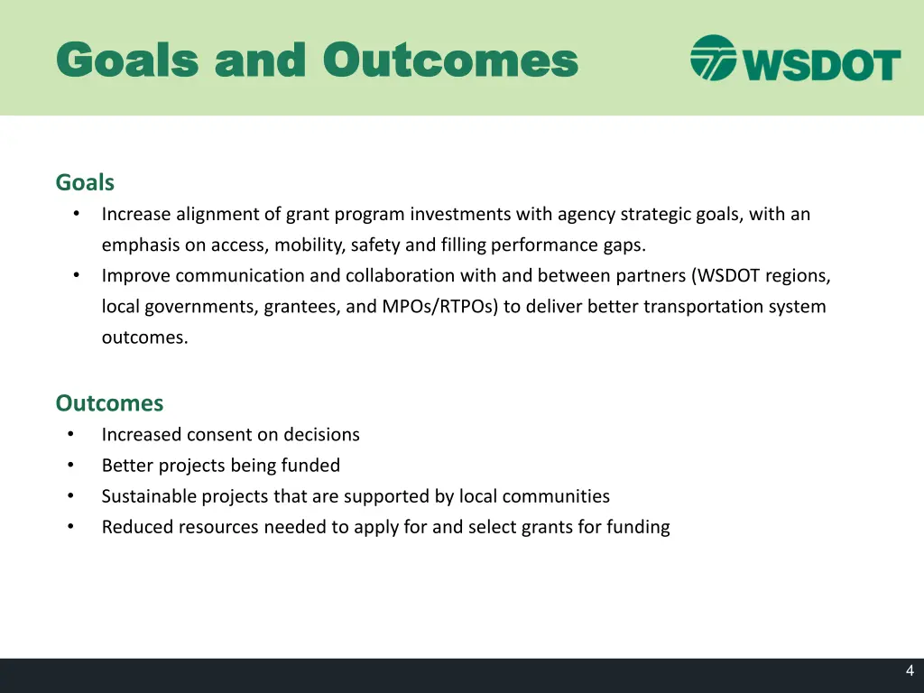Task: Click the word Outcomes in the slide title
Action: (x=450, y=60)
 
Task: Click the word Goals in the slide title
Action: (x=126, y=60)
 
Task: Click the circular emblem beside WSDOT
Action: (x=713, y=58)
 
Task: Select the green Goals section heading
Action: (x=85, y=182)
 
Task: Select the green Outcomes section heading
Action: (x=109, y=402)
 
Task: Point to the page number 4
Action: (x=910, y=670)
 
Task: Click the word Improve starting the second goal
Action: (x=135, y=276)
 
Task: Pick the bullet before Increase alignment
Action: (x=77, y=215)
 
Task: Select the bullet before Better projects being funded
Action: (x=70, y=466)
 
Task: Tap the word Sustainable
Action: (x=148, y=496)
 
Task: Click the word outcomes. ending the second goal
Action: (x=145, y=337)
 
